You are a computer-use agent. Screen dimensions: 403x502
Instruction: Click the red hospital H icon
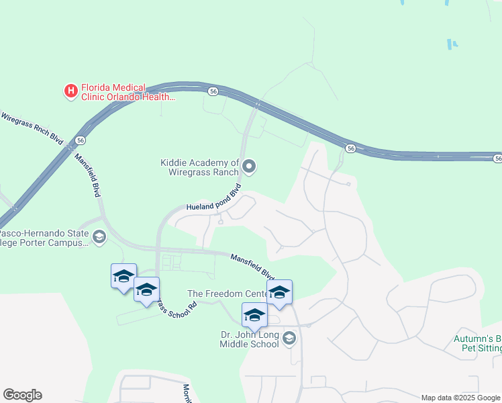(x=70, y=91)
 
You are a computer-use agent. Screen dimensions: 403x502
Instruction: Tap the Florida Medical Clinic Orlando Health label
(x=128, y=92)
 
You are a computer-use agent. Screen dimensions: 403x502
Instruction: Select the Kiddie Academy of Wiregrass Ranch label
(x=200, y=167)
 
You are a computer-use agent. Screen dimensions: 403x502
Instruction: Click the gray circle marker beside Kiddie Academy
(x=250, y=166)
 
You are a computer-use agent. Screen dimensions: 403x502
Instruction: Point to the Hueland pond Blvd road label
(x=213, y=199)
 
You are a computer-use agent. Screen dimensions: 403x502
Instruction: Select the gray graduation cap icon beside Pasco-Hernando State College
(x=99, y=236)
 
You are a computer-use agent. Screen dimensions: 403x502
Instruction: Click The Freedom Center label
(x=225, y=294)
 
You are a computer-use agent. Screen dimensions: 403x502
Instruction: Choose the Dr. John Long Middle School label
(x=249, y=339)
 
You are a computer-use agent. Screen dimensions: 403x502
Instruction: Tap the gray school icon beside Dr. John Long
(x=289, y=338)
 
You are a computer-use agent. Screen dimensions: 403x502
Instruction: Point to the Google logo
(x=22, y=395)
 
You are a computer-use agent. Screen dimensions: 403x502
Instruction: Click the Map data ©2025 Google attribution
(x=461, y=398)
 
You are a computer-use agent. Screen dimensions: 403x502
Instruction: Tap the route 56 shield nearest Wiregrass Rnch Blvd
(x=80, y=140)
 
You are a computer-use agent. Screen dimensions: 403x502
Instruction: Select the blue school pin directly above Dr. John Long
(x=255, y=315)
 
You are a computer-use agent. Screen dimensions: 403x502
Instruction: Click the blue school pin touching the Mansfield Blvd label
(x=279, y=292)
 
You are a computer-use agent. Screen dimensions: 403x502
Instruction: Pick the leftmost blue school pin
(x=123, y=276)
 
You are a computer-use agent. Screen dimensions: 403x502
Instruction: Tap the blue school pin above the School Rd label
(x=146, y=289)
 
